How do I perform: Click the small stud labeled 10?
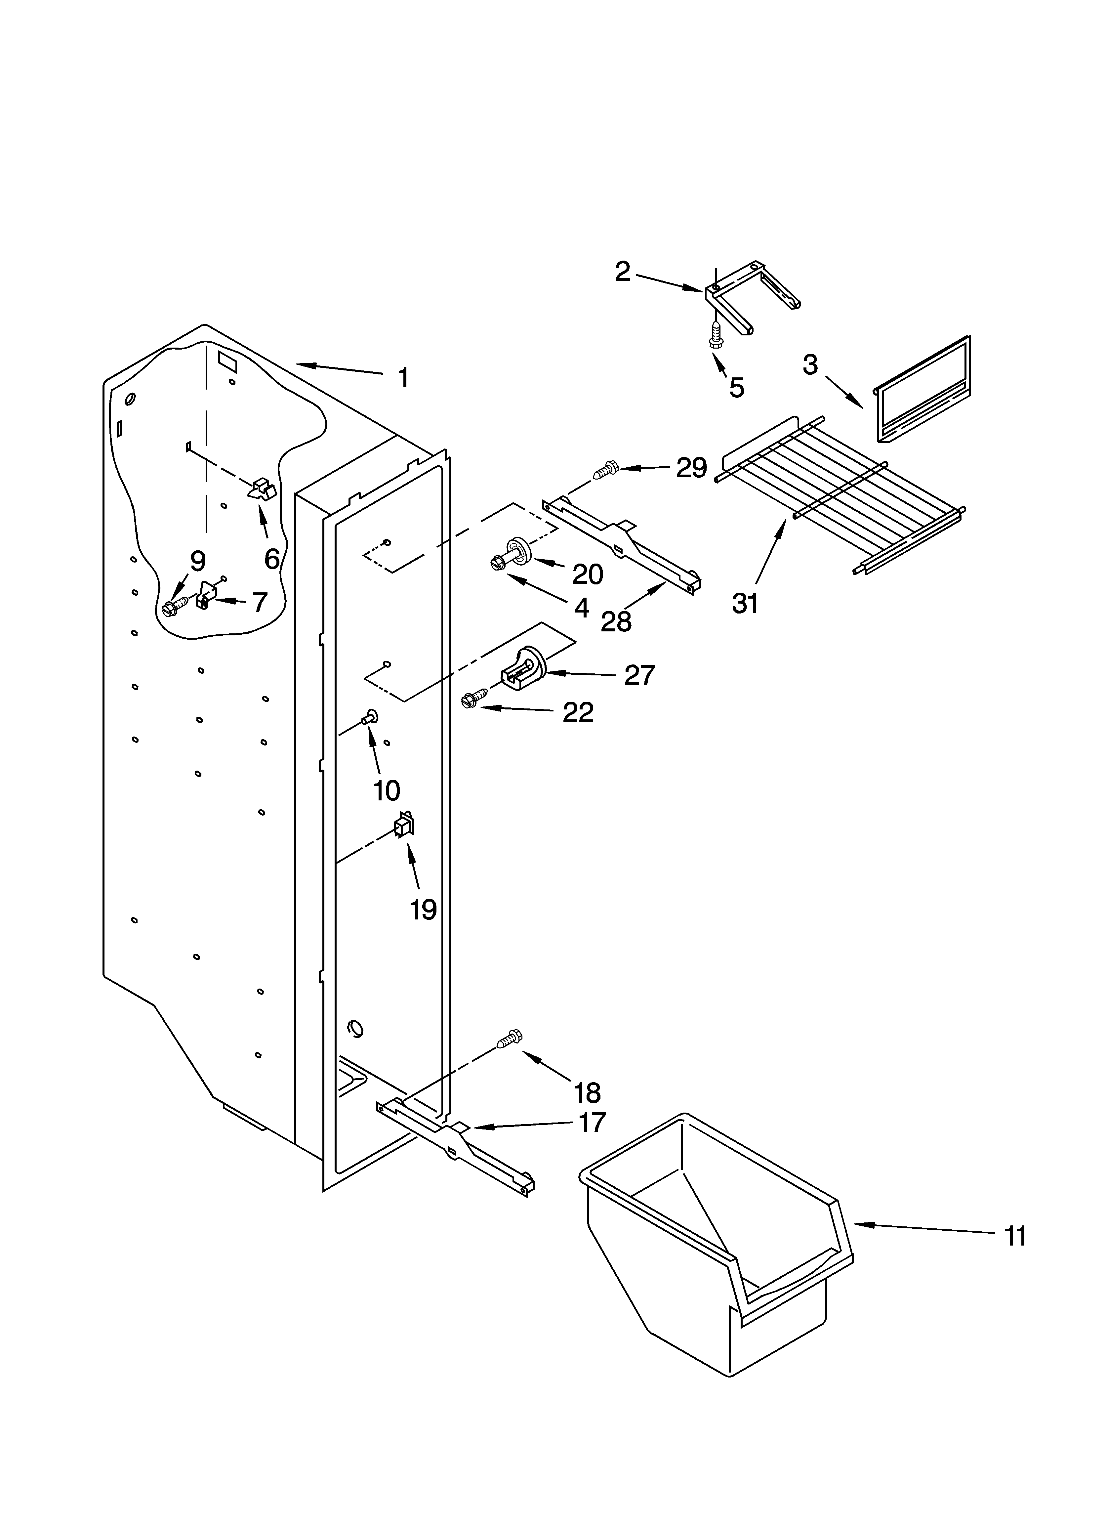coord(369,717)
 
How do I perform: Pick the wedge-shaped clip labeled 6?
coord(263,489)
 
